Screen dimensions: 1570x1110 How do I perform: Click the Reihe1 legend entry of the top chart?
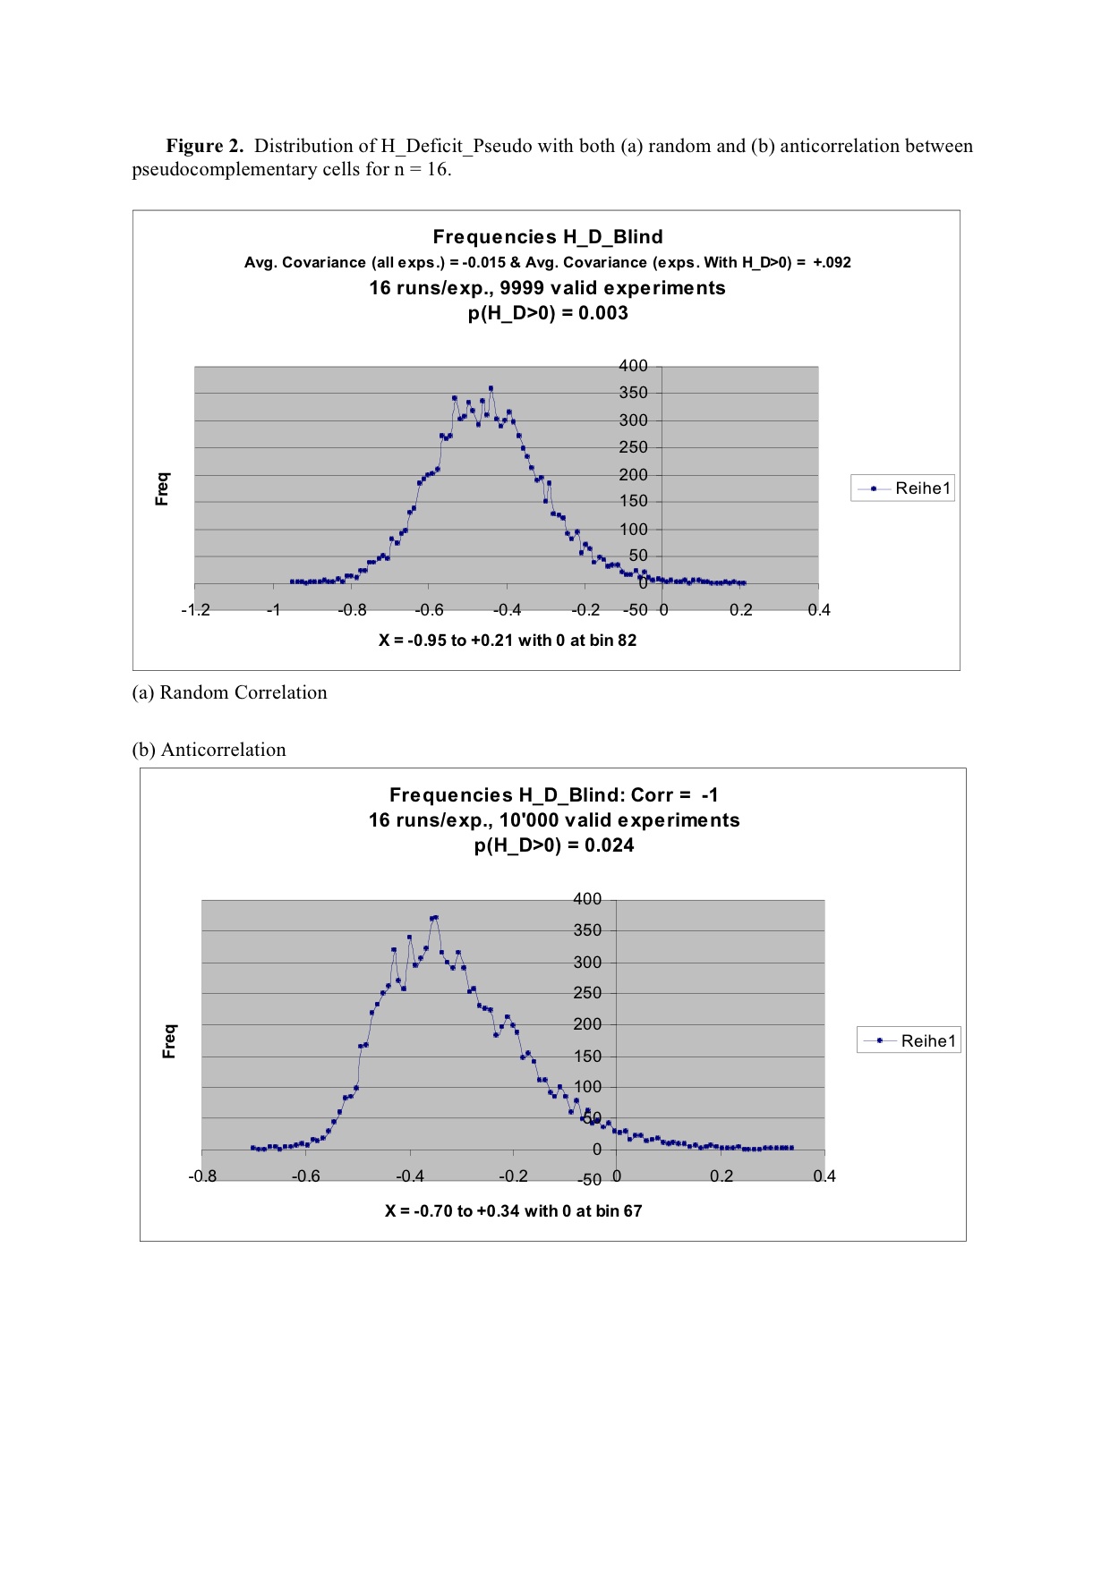903,488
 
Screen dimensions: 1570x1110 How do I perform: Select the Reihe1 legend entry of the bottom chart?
909,1040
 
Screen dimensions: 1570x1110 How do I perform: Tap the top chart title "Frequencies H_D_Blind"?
548,237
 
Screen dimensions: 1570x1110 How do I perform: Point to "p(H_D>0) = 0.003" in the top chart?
548,313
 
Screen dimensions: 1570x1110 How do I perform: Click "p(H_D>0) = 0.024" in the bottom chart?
554,845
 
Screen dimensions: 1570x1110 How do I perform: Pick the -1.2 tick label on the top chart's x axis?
195,610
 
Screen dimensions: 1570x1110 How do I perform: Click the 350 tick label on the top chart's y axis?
633,393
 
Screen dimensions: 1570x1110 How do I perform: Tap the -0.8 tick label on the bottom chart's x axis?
202,1176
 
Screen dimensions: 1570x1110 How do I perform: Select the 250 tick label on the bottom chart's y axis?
587,993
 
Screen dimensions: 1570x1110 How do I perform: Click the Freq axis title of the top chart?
162,488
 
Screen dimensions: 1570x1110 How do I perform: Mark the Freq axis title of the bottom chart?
169,1041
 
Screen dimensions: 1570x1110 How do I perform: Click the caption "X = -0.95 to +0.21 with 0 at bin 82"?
508,641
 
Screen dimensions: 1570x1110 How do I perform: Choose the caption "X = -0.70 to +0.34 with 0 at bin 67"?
514,1211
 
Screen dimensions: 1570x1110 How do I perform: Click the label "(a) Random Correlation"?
229,692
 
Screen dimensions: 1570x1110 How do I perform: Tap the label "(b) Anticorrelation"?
209,750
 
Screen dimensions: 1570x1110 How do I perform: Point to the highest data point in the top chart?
491,388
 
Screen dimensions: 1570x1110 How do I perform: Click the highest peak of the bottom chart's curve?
435,917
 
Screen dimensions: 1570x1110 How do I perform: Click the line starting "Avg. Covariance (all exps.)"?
548,263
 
